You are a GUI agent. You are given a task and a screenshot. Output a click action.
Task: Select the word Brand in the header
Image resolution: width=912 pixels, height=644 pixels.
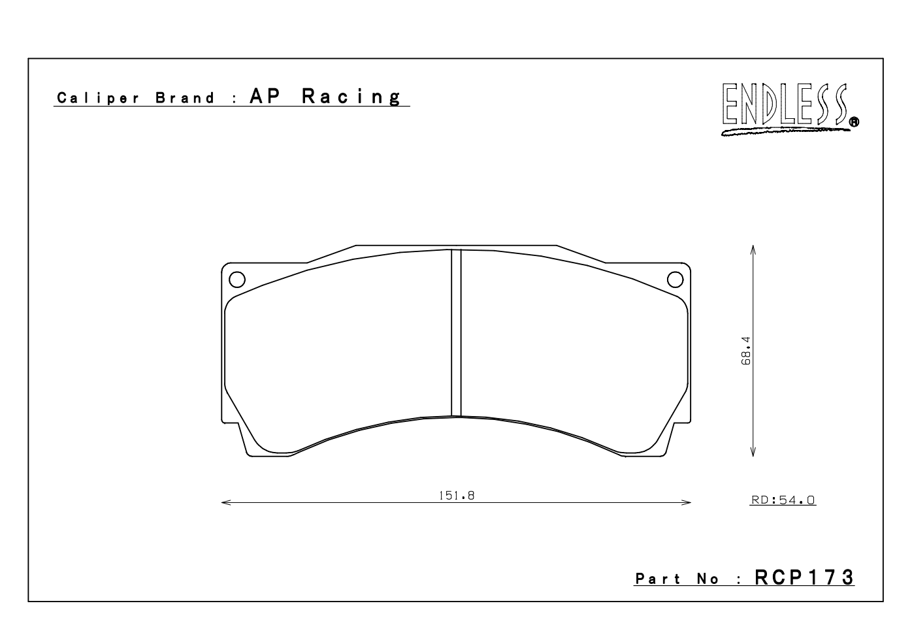click(x=185, y=99)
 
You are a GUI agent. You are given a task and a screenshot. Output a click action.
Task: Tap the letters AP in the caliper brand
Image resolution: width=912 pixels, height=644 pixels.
click(x=265, y=97)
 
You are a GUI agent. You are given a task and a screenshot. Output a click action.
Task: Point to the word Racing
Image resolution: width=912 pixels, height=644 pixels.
click(x=351, y=97)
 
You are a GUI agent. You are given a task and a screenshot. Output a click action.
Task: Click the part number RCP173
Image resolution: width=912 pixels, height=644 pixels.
click(x=804, y=577)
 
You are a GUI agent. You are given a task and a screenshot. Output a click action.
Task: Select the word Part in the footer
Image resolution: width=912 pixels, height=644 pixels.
click(x=657, y=579)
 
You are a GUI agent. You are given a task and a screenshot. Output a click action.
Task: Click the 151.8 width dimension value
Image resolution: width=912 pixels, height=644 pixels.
click(x=456, y=495)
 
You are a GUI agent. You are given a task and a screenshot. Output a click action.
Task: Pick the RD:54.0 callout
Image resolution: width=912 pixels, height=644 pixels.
click(x=783, y=500)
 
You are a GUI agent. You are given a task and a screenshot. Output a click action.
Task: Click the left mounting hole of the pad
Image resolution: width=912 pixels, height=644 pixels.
click(x=237, y=280)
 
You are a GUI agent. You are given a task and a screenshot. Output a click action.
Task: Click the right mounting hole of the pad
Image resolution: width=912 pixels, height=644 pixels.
click(x=675, y=280)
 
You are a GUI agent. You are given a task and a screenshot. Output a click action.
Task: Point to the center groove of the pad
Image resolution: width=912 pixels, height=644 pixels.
click(x=456, y=332)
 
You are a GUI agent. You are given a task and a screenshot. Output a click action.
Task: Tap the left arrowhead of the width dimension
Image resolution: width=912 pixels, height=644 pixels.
click(x=225, y=503)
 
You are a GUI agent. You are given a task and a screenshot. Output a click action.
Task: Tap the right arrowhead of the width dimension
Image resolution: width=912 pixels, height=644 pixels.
click(x=687, y=503)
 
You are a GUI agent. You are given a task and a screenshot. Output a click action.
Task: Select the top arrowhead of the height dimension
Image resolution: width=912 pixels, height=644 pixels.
click(x=753, y=250)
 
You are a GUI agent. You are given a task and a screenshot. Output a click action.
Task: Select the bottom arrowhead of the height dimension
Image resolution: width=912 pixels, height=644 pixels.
click(x=753, y=452)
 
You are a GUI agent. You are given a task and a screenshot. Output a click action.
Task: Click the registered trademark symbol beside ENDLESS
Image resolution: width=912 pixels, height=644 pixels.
click(x=854, y=121)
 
